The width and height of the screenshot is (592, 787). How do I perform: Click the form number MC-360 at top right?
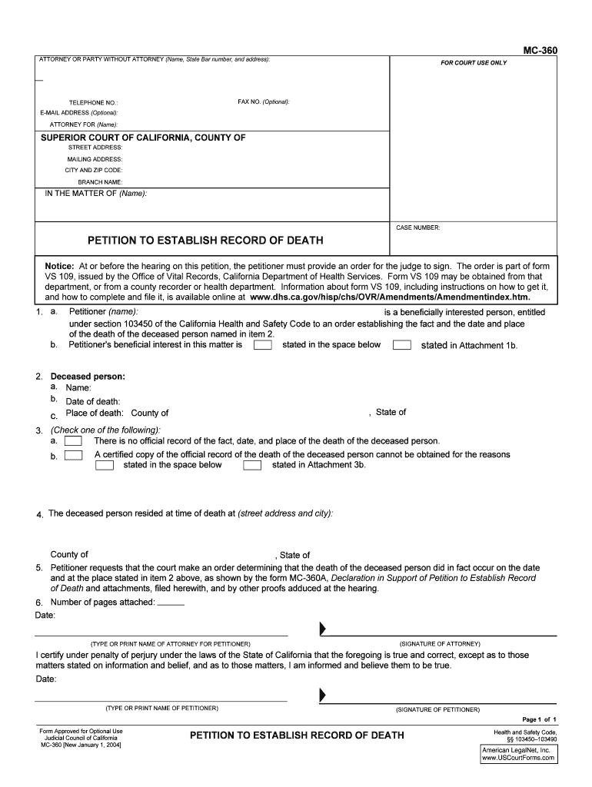pyautogui.click(x=540, y=51)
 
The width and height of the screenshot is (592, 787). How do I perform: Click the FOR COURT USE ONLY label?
pyautogui.click(x=473, y=62)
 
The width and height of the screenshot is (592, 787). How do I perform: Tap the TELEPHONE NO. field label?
pyautogui.click(x=93, y=102)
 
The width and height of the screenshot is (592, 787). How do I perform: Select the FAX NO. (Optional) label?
pyautogui.click(x=264, y=101)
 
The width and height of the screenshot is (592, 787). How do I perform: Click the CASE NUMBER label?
pyautogui.click(x=417, y=227)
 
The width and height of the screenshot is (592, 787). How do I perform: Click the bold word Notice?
pyautogui.click(x=59, y=265)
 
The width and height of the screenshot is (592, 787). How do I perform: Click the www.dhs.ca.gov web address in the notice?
pyautogui.click(x=390, y=296)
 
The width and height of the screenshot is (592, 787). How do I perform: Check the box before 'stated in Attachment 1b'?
pyautogui.click(x=401, y=345)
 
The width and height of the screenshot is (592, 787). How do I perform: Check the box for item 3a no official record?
pyautogui.click(x=74, y=441)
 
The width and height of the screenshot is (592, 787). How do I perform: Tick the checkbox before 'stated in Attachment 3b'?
pyautogui.click(x=252, y=465)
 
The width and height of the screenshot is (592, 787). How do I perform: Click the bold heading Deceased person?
pyautogui.click(x=88, y=377)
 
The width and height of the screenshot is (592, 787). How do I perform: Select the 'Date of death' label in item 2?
pyautogui.click(x=93, y=401)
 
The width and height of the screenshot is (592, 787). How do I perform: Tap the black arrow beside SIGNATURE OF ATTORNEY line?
pyautogui.click(x=323, y=630)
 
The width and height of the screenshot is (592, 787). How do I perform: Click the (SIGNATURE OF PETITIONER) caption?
pyautogui.click(x=437, y=709)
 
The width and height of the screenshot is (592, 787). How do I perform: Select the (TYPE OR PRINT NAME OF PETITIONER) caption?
pyautogui.click(x=161, y=708)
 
